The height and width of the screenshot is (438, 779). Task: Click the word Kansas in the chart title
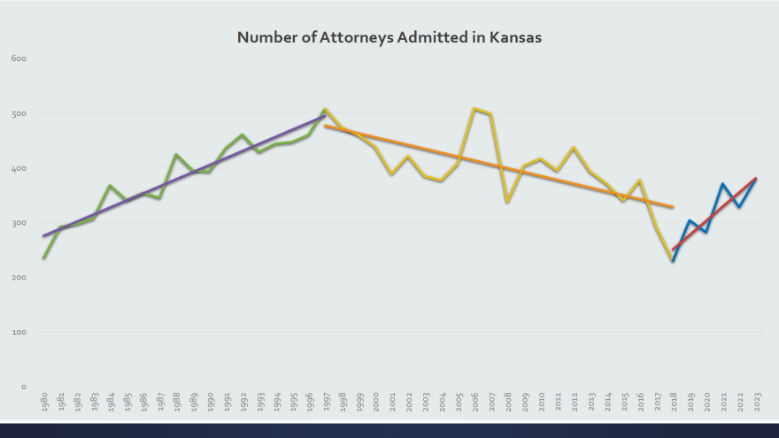click(x=513, y=38)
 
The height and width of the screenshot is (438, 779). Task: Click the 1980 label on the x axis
click(x=43, y=403)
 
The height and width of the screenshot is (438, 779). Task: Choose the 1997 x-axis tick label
click(x=325, y=403)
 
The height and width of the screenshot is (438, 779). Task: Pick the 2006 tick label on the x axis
click(x=474, y=403)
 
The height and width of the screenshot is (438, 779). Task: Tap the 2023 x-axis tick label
click(x=756, y=403)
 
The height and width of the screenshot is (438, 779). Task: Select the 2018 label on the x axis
click(x=673, y=403)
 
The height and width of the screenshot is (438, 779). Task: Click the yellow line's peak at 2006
click(x=474, y=109)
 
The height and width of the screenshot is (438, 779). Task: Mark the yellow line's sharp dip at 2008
click(x=507, y=203)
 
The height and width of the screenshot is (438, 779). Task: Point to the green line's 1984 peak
click(x=110, y=186)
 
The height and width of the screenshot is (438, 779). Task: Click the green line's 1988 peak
click(x=176, y=155)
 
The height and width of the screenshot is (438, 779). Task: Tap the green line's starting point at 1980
click(x=43, y=258)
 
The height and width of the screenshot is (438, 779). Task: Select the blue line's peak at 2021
click(x=723, y=184)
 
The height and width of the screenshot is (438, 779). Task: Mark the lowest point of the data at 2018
click(x=673, y=261)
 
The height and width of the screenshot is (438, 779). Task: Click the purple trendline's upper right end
click(x=325, y=115)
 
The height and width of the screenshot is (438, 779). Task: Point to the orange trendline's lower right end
click(x=673, y=207)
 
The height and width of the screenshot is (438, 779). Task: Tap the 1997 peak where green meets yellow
click(x=325, y=109)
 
